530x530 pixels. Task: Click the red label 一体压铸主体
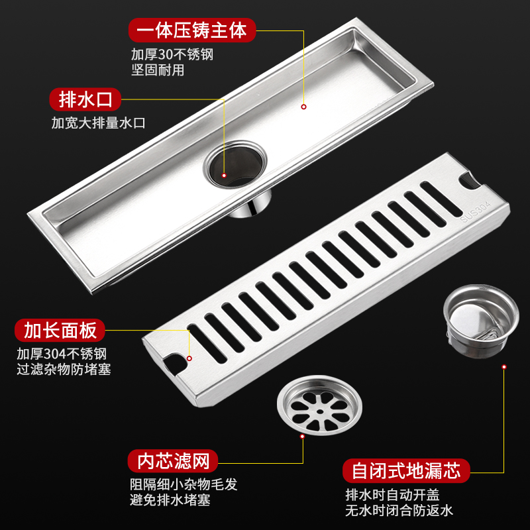pos(192,30)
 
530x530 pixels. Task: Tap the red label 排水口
pos(85,99)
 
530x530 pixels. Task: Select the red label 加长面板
pos(60,330)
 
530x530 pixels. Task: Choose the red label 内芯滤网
pos(173,461)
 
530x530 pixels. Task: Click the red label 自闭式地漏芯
pos(406,470)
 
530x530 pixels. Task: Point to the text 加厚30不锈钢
pos(172,54)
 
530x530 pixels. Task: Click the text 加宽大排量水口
pos(98,123)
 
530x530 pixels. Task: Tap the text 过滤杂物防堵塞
pos(64,369)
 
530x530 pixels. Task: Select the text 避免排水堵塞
pos(170,500)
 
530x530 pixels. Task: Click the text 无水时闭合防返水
pos(399,510)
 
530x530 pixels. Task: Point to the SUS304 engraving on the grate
pos(475,211)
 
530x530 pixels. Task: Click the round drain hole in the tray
pos(235,164)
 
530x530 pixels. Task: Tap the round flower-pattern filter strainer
pos(319,405)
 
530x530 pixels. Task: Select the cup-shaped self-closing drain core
pos(481,321)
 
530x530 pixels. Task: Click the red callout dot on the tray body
pos(303,107)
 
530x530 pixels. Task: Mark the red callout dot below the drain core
pos(504,367)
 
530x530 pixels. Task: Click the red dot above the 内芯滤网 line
pos(302,437)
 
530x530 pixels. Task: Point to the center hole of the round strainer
pos(320,411)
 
